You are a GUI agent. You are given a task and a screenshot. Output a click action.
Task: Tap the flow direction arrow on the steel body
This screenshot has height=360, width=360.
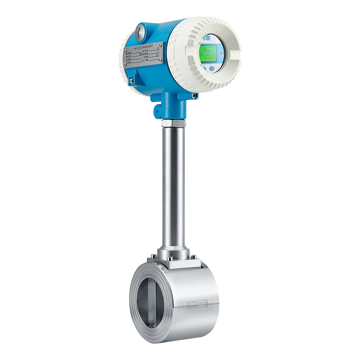tap(198, 305)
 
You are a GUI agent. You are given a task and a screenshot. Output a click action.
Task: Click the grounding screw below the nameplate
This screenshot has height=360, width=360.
tap(132, 81)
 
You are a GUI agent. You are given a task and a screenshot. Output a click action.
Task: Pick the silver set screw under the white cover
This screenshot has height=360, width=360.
tap(194, 96)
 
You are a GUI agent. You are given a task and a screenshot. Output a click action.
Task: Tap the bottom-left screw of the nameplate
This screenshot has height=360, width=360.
tap(126, 65)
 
